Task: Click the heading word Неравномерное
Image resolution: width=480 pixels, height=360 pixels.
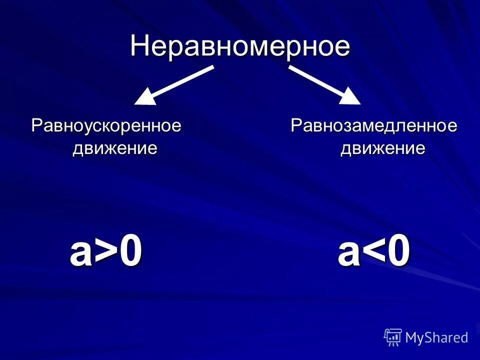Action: coord(240,47)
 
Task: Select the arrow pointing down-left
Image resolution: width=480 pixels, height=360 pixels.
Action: coord(175,85)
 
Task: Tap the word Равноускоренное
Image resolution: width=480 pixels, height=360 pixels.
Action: coord(106,125)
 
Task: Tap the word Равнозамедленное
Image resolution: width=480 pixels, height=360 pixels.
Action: coord(374,125)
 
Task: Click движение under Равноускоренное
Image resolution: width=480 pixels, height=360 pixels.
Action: coord(115,148)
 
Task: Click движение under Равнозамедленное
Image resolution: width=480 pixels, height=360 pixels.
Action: coord(383,148)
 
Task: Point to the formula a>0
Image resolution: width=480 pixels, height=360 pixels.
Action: coord(106,253)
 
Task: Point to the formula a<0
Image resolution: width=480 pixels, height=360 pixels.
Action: coord(374,253)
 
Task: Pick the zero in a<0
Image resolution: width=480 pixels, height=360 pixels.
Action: coord(398,253)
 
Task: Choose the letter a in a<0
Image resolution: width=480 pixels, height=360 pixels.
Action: coord(348,255)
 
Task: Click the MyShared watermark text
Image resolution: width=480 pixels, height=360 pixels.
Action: coord(436,337)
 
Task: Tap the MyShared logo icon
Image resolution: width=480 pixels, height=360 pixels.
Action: coord(393,337)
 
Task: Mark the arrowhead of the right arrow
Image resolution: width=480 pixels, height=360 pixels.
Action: coord(350,96)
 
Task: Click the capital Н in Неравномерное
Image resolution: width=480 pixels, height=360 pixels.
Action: coord(139,47)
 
